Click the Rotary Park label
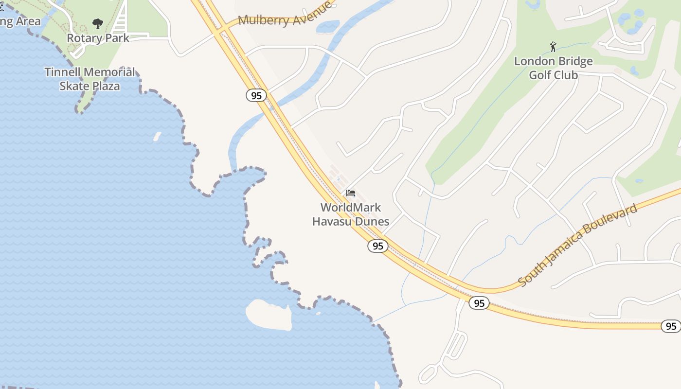[98, 38]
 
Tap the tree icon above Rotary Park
[98, 23]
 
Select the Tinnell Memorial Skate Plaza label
[90, 79]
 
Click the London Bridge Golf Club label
[554, 68]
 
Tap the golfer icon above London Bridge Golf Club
[553, 47]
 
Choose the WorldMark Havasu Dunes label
[351, 214]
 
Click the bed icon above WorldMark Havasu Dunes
[351, 193]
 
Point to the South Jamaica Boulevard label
[577, 246]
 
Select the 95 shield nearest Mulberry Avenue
[256, 95]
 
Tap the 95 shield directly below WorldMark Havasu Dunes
[378, 246]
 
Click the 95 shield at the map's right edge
[671, 326]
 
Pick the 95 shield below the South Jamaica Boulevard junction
[479, 303]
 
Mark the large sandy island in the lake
[269, 315]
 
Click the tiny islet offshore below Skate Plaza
[157, 137]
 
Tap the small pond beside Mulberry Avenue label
[327, 26]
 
